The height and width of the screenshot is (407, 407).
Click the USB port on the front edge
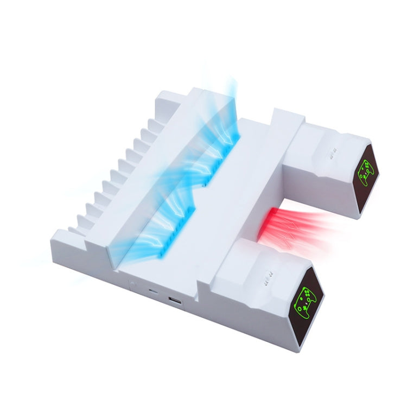(x=175, y=301)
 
